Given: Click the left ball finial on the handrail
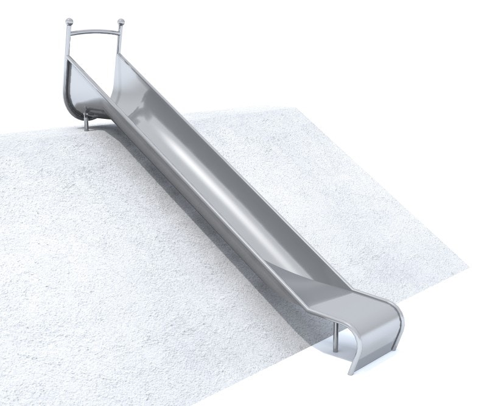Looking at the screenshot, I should pyautogui.click(x=68, y=24).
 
